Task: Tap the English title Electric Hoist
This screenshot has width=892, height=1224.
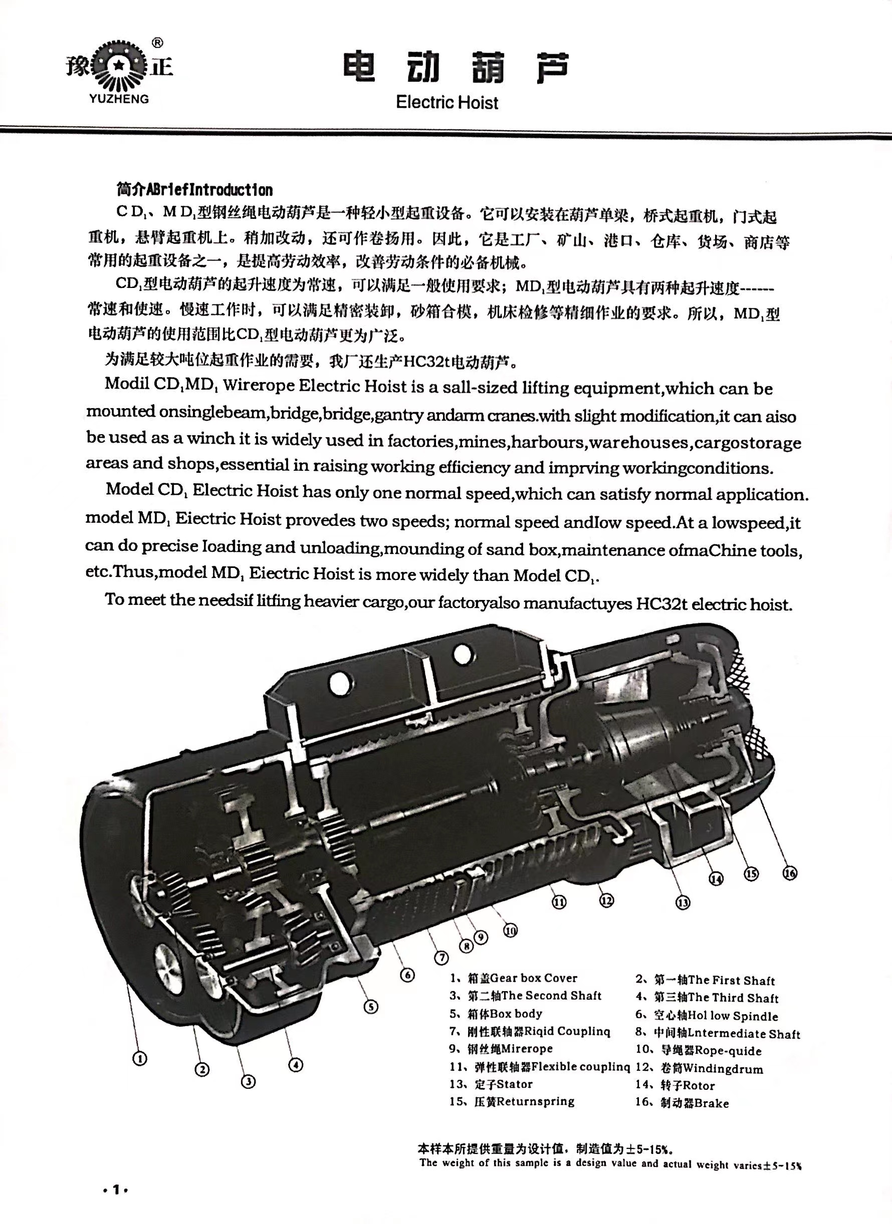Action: (447, 102)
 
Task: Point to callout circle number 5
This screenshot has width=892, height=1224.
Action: (370, 1007)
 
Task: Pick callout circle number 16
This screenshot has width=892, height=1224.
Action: (790, 873)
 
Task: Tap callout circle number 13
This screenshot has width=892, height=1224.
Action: (683, 902)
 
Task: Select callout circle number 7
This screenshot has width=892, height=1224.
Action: (441, 958)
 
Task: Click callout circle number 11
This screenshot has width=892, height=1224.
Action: (559, 901)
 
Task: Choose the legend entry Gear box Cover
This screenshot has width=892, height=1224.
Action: (514, 978)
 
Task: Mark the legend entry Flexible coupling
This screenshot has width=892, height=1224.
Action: (540, 1066)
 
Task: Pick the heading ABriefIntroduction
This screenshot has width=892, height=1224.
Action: (194, 190)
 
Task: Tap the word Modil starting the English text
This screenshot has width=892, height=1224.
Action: (127, 384)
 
